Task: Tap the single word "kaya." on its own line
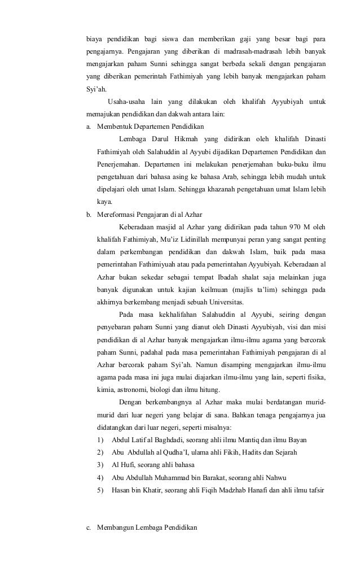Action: (x=105, y=201)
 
